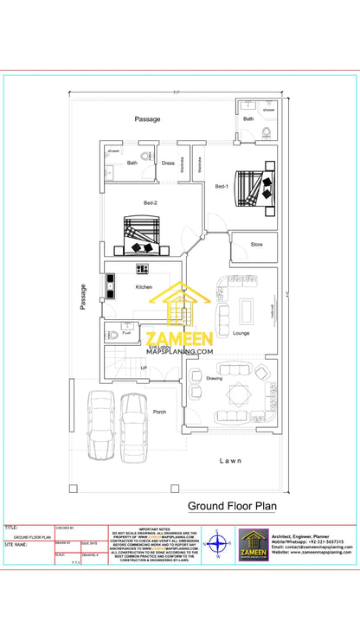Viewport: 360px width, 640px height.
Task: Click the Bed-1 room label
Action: click(x=222, y=186)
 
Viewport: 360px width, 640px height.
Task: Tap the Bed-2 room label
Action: click(x=151, y=203)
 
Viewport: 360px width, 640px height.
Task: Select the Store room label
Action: click(x=257, y=245)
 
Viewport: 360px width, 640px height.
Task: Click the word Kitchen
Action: click(x=144, y=286)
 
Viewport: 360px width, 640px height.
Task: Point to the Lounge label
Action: click(x=241, y=332)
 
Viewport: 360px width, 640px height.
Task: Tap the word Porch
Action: click(x=160, y=412)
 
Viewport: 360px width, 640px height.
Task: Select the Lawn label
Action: click(x=231, y=460)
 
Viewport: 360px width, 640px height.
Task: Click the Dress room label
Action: click(x=168, y=163)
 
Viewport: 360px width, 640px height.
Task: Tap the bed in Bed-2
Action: click(x=143, y=236)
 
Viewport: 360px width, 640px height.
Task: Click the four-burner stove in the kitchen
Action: click(x=142, y=269)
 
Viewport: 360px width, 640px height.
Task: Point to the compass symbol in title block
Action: click(x=218, y=546)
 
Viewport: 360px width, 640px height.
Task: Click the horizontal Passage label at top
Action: click(x=147, y=119)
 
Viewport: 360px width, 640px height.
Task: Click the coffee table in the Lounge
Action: click(x=246, y=309)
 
